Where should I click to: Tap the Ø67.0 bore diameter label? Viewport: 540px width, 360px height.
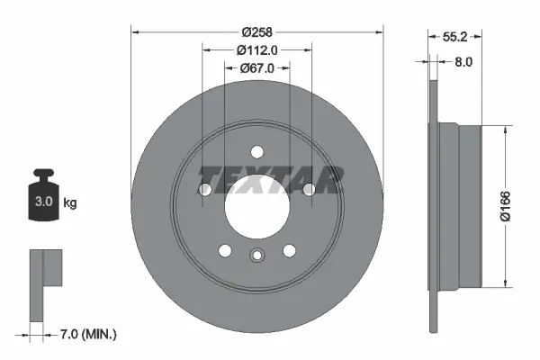click(256, 67)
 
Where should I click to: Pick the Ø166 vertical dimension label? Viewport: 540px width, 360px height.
click(507, 206)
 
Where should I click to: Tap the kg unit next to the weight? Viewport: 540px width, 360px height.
click(70, 203)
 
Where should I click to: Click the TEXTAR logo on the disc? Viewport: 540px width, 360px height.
click(270, 178)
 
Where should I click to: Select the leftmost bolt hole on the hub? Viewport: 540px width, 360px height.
click(204, 190)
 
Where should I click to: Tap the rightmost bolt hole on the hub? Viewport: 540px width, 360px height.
click(310, 190)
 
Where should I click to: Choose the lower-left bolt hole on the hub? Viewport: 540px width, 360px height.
click(225, 251)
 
